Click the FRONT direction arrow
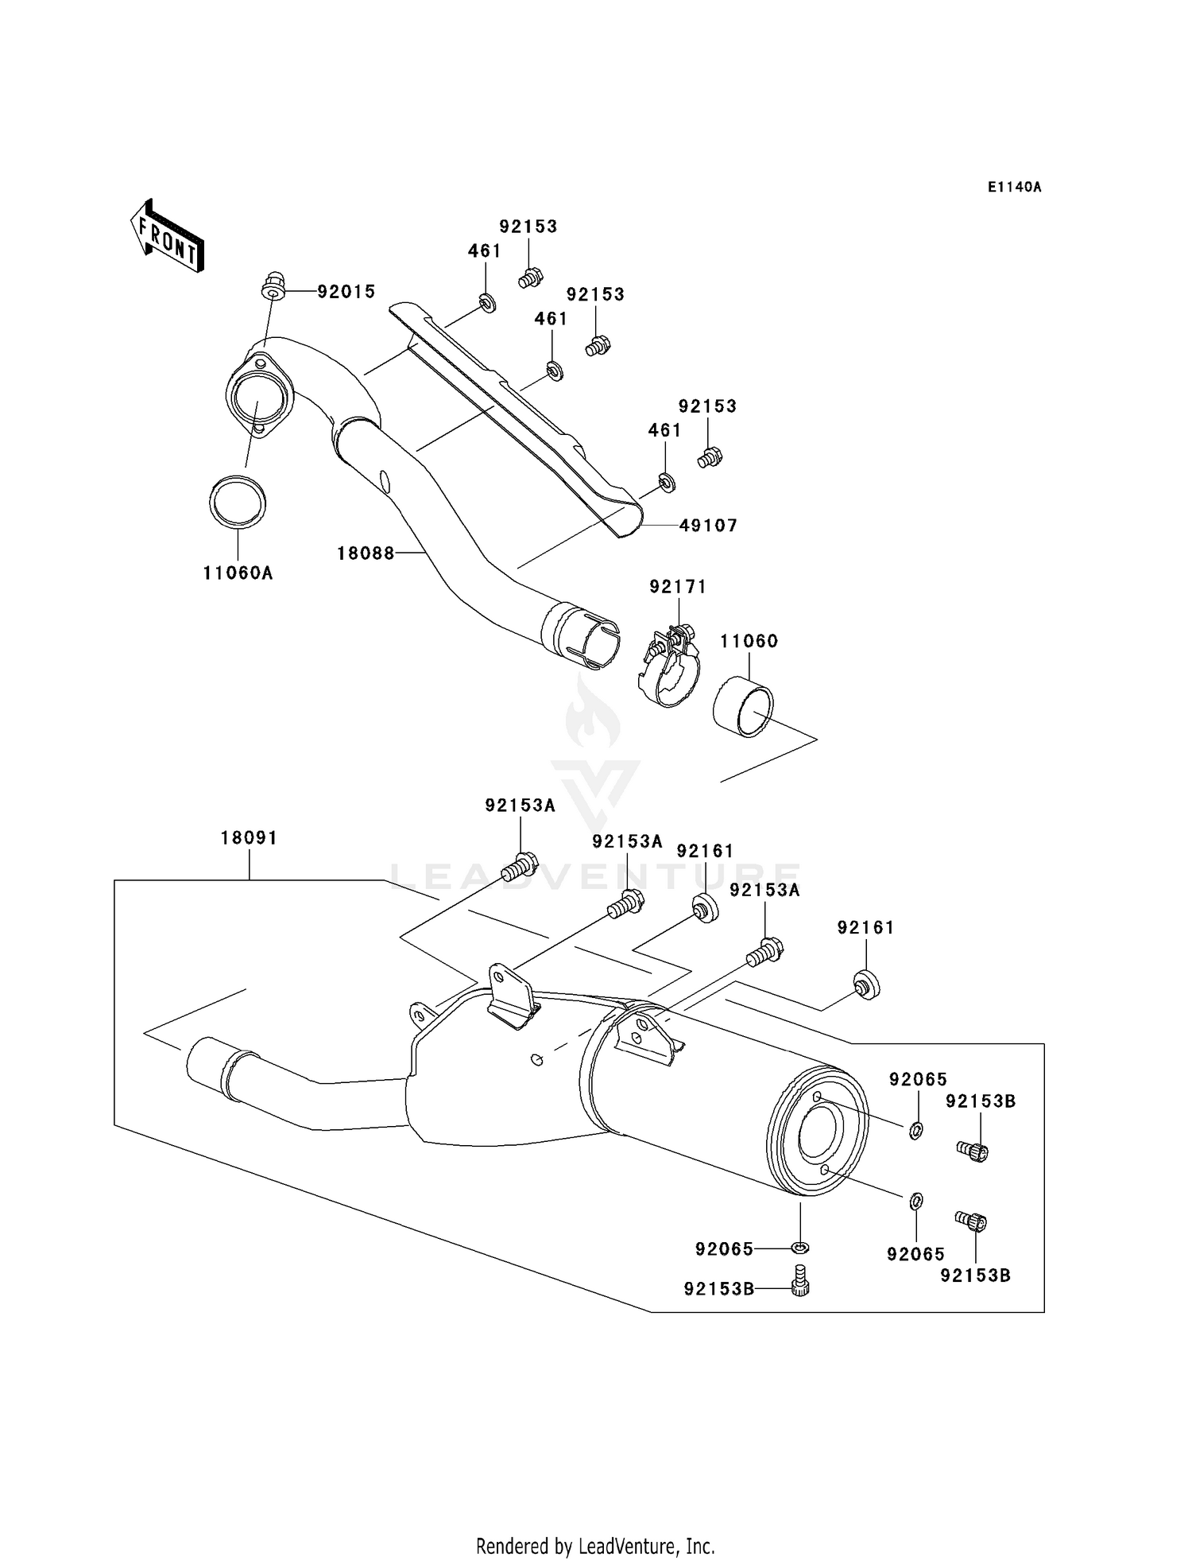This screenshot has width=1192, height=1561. pos(167,236)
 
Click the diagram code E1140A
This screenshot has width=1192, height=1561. pos(1014,188)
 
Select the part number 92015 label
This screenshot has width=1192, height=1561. pos(346,292)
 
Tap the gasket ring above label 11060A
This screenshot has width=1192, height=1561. pos(238,503)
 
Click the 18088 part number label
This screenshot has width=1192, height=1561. pos(366,553)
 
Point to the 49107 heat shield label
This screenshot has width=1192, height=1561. pos(708,526)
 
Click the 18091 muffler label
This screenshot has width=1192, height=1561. pos(249,838)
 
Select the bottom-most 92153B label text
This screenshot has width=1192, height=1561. pos(719,1289)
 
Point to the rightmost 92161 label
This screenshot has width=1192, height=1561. pos(865,928)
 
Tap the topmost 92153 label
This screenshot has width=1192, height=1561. pos(528,227)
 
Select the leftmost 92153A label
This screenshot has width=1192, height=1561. pos(520,806)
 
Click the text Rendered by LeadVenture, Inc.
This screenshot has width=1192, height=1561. pos(595,1546)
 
